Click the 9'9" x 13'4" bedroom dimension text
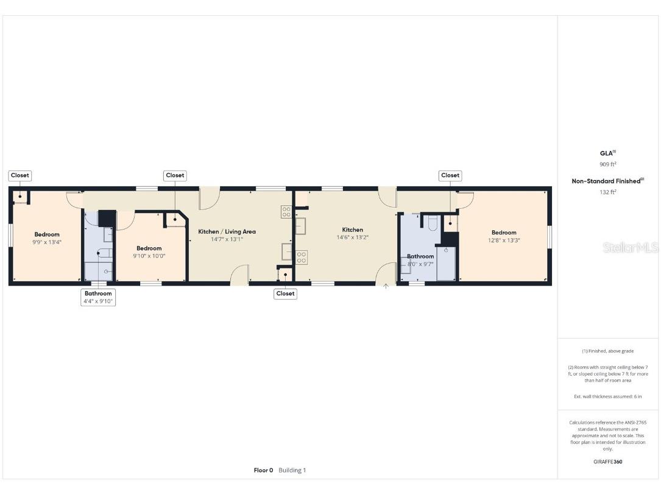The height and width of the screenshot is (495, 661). coord(47,242)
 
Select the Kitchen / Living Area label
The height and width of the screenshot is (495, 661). coord(227,231)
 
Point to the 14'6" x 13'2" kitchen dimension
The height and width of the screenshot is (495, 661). coord(352,237)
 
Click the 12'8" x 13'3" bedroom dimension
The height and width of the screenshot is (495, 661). coord(504,240)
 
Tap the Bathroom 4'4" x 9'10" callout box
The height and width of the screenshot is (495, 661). coord(98,297)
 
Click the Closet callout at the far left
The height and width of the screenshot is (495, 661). coord(19,175)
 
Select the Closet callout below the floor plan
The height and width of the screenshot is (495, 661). coord(285,293)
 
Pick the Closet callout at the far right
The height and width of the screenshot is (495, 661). coord(450,175)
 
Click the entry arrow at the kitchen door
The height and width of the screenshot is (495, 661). coord(385,286)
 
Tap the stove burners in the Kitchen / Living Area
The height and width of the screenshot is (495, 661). coord(286,211)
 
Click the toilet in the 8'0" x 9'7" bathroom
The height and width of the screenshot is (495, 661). coord(433,224)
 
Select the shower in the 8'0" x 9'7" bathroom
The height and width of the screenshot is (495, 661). coord(446,263)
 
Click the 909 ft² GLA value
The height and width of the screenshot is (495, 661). coord(607,164)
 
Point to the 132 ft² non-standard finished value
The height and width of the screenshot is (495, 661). coord(607,192)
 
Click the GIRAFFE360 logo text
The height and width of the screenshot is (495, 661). coord(607,462)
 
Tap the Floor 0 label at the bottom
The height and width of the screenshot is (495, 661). coord(263,470)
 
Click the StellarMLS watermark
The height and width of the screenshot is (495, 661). coord(630,248)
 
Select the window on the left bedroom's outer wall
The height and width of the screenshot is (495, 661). coord(10,236)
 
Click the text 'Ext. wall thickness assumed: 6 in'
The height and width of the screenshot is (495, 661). coord(607,396)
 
